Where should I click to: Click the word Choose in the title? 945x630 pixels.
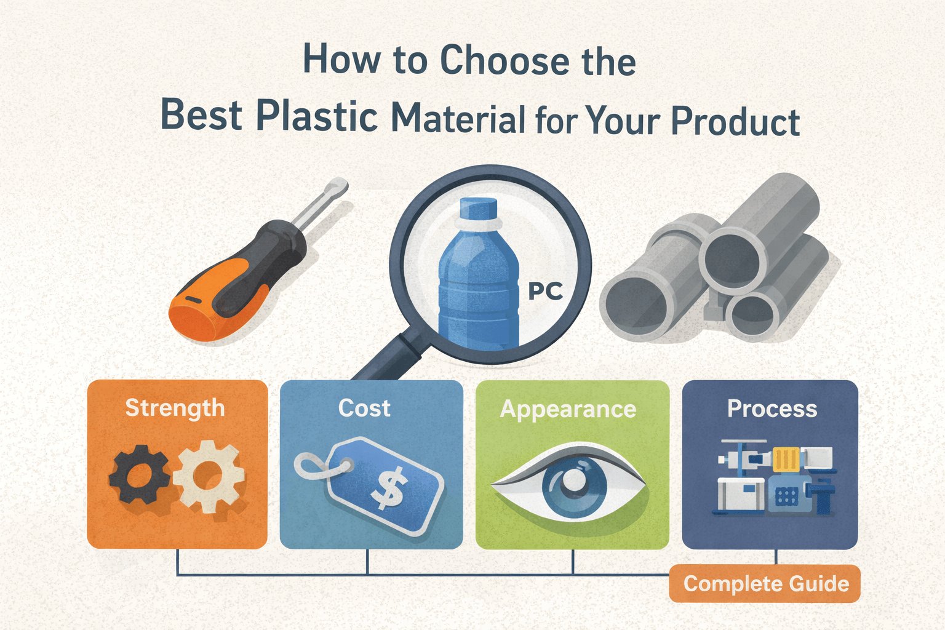tap(504, 62)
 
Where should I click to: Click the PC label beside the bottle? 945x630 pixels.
tap(546, 290)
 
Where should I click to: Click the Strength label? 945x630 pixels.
tap(175, 408)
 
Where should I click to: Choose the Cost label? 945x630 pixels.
tap(364, 408)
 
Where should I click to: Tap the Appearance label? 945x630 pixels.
tap(568, 409)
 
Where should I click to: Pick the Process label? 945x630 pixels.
tap(772, 409)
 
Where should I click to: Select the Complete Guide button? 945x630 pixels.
tap(766, 583)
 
